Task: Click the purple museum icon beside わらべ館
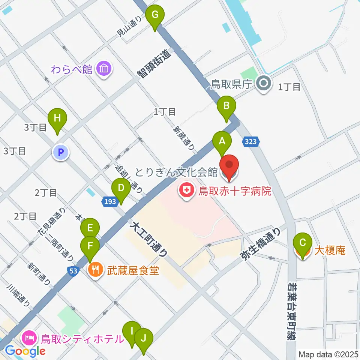pyautogui.click(x=103, y=69)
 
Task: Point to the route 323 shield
pyautogui.click(x=250, y=142)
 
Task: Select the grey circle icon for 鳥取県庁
pyautogui.click(x=263, y=84)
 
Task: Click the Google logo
pyautogui.click(x=25, y=351)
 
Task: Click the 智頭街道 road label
pyautogui.click(x=154, y=64)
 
